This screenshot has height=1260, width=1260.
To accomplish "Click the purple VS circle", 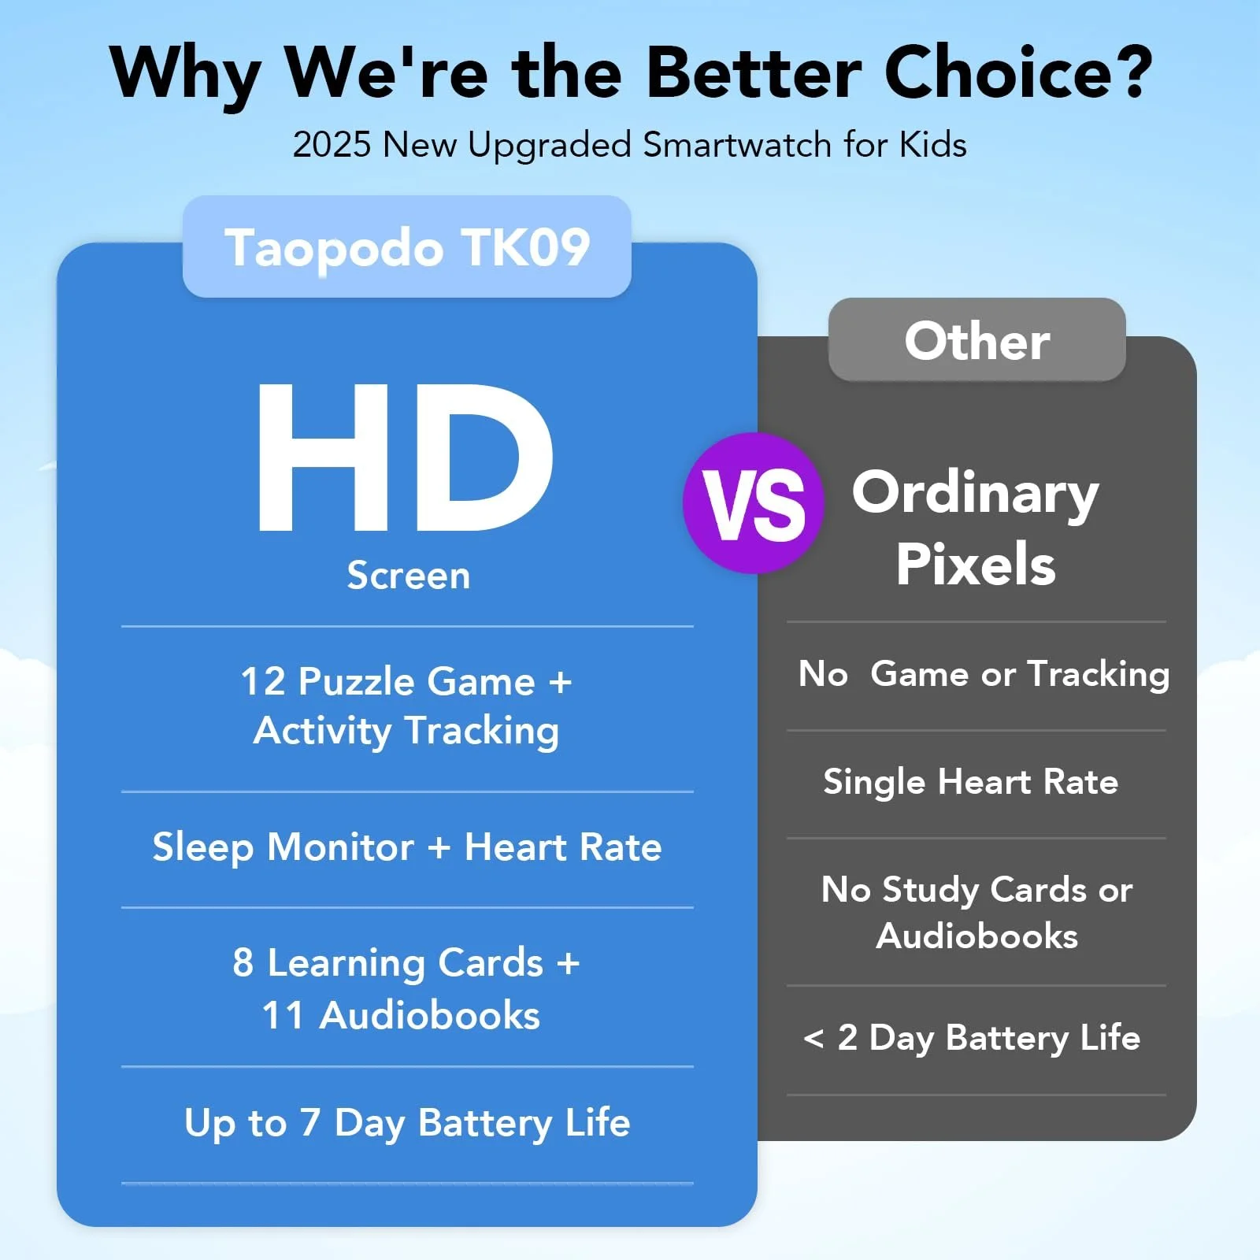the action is point(754,503).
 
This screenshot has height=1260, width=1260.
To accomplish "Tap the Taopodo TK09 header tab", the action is point(407,246).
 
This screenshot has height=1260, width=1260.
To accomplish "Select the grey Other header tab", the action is point(976,339).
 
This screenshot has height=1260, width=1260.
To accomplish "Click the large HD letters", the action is point(405,458).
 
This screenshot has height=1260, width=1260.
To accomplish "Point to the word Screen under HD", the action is point(409,575).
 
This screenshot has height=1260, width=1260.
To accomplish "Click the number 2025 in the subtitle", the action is point(332,145).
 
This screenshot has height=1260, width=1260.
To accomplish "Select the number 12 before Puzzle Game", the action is point(263,681).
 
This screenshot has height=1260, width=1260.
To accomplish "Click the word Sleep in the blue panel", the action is point(203,848).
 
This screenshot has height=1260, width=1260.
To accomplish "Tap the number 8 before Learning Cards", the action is point(243,962).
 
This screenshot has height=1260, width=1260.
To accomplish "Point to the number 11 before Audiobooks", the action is point(283,1015).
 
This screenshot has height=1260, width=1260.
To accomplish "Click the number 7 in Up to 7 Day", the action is point(309,1122).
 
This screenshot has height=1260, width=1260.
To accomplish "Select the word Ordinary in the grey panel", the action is point(975,493).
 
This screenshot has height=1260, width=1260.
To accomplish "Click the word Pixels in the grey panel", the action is point(976,564).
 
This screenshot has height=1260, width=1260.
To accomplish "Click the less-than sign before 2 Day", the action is point(813,1038).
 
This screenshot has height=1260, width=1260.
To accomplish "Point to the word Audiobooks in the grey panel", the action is point(976,936).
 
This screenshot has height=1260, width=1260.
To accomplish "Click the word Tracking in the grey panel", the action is point(1099,675).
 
